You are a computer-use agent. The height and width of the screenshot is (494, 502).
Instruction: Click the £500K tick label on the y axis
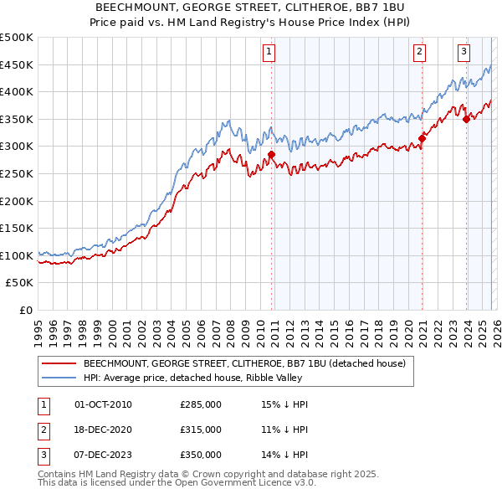pos(17,38)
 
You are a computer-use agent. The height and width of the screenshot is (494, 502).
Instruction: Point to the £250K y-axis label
pos(17,174)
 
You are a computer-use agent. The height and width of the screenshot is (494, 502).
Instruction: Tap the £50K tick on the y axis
pos(20,283)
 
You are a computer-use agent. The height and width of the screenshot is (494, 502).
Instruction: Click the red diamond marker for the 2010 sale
pos(272,155)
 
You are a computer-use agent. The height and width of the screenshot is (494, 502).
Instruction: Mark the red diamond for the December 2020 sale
pos(423,139)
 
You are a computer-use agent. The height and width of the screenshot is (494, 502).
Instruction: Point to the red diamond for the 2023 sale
pos(466,120)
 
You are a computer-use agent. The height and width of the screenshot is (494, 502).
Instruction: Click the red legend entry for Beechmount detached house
pos(243,363)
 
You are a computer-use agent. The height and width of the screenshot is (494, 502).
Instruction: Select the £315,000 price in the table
pos(201,430)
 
